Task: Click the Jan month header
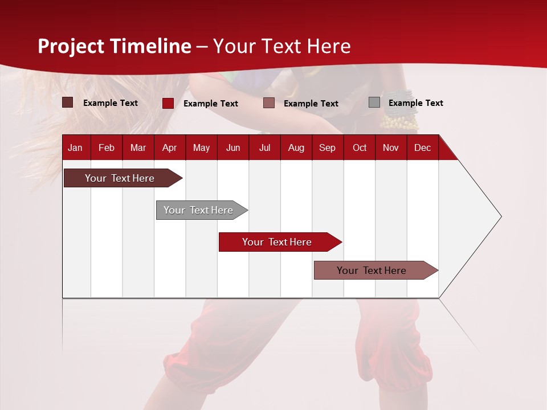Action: (x=75, y=147)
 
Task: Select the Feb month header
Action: (x=107, y=147)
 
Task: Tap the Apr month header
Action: (x=169, y=147)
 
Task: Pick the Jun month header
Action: (x=233, y=147)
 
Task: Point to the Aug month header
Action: (x=296, y=147)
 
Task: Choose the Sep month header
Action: (x=327, y=147)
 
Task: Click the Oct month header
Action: (x=360, y=147)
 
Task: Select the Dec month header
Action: (x=422, y=147)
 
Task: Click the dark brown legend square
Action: (x=68, y=102)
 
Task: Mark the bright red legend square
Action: (x=168, y=103)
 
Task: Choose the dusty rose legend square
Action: (x=269, y=103)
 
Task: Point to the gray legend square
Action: (x=374, y=102)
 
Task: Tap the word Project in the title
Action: (x=71, y=46)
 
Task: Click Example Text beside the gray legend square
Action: (x=415, y=103)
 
